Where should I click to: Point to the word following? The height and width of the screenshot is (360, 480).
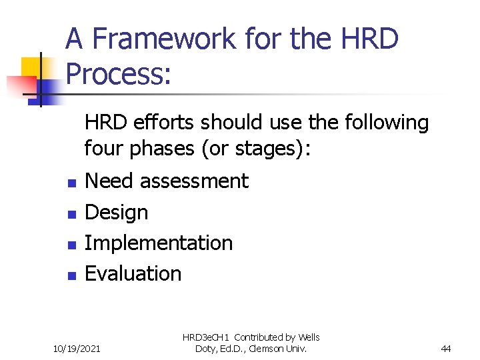(x=387, y=122)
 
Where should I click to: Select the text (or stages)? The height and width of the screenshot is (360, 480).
(x=257, y=148)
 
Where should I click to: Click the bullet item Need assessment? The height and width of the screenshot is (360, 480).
(x=167, y=181)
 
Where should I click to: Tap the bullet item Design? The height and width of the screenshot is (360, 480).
(x=117, y=212)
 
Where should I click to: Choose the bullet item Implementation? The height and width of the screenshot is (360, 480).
(x=159, y=243)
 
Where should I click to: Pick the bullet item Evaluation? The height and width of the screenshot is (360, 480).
(x=133, y=273)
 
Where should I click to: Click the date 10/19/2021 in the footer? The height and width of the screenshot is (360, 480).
(x=77, y=347)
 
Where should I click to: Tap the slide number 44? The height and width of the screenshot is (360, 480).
(x=446, y=347)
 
